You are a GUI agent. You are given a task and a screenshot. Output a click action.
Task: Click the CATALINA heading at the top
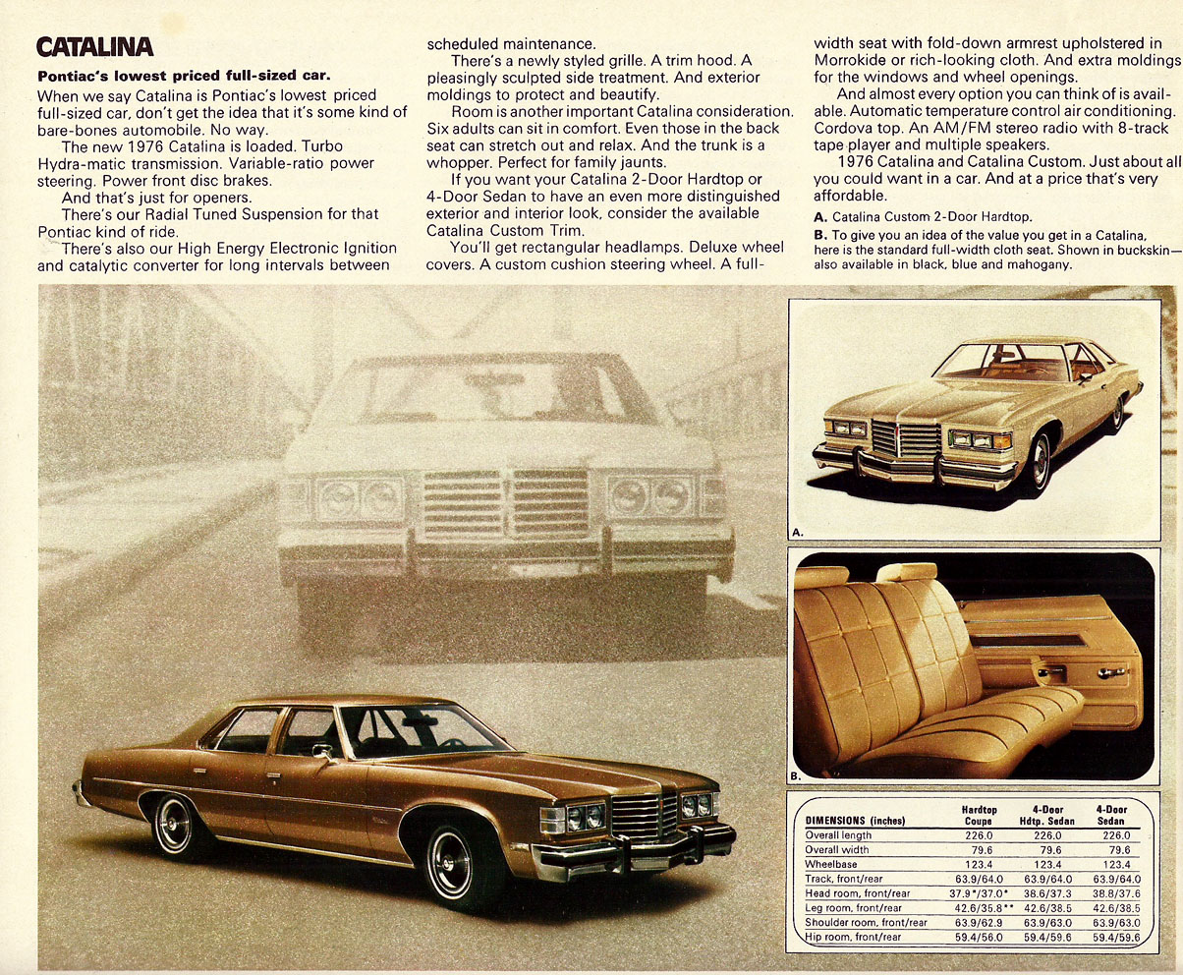94,46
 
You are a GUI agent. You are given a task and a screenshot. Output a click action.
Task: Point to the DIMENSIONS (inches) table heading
855,821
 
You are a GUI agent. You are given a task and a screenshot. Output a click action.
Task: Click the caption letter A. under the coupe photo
798,532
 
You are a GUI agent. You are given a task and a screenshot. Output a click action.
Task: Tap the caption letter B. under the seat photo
797,774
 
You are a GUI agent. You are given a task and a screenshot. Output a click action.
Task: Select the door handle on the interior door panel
1110,672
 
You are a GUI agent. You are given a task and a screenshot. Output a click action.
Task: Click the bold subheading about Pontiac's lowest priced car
183,76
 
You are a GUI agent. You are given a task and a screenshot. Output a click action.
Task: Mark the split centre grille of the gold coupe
906,439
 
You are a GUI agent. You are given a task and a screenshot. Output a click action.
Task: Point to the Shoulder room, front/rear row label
866,923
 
